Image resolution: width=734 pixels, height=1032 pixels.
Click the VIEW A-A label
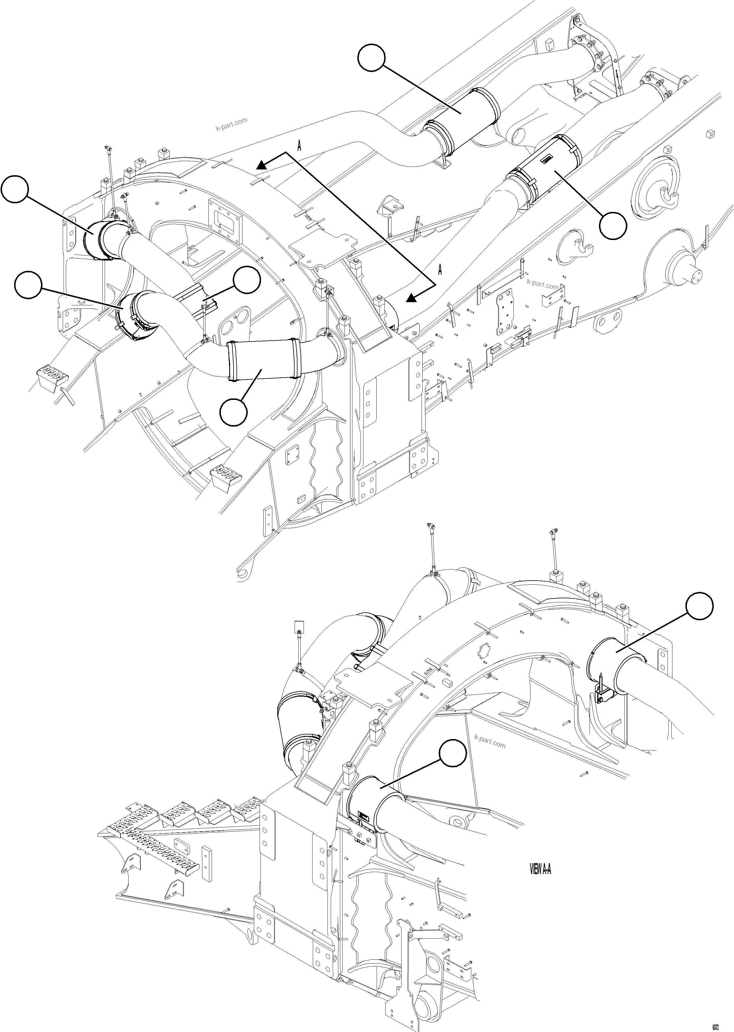(540, 869)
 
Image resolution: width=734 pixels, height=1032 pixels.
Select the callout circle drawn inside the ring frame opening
(247, 280)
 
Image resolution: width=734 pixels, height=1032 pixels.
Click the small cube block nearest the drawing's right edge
(710, 133)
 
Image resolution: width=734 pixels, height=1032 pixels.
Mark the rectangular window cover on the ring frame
(225, 218)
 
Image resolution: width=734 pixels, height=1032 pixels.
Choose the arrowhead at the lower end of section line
(411, 298)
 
